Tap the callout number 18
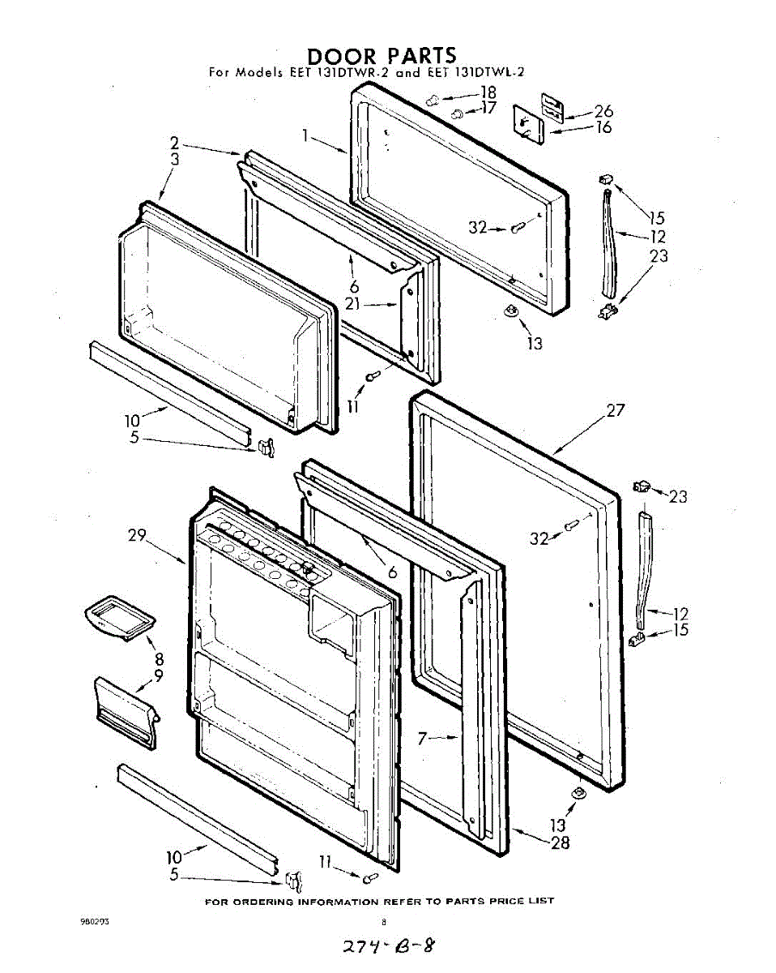[488, 92]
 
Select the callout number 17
[488, 107]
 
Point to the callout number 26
[603, 112]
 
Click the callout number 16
[603, 127]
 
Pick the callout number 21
[352, 304]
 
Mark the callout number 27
[616, 410]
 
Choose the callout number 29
[136, 535]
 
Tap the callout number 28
[560, 842]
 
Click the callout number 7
[422, 739]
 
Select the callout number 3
[174, 160]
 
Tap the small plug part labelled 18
[432, 99]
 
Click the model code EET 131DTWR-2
[341, 72]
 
